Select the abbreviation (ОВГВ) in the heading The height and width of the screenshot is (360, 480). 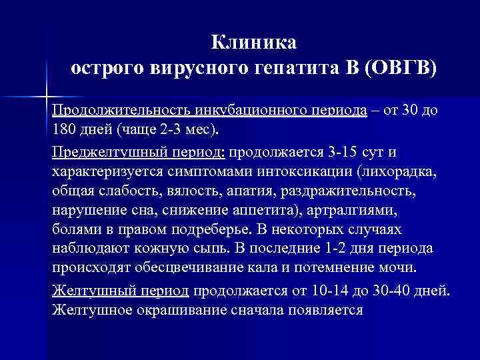click(x=400, y=69)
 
